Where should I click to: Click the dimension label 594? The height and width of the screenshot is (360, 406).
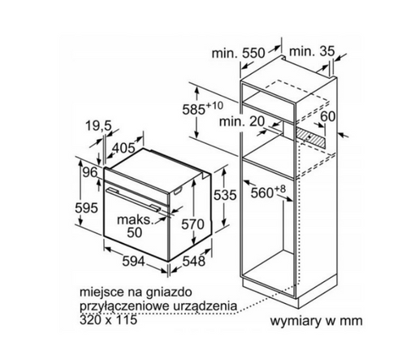134,262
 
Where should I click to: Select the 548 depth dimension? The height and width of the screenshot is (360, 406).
194,261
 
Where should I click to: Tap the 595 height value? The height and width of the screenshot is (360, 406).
86,208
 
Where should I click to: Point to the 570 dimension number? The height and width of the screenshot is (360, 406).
192,224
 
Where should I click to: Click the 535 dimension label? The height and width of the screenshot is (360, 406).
225,195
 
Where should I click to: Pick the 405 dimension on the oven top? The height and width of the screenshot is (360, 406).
123,148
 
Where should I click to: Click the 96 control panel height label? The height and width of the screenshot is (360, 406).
90,172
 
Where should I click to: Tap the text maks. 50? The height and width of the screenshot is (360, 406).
135,226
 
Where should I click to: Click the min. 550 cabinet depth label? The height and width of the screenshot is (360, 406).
238,53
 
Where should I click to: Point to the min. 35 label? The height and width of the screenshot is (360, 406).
312,51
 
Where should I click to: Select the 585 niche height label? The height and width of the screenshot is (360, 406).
203,108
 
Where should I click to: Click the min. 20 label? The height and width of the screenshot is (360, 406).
241,121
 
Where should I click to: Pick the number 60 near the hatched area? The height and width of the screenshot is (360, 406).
328,116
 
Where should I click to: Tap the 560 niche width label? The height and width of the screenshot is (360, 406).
268,192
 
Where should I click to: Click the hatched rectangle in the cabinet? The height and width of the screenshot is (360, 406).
311,137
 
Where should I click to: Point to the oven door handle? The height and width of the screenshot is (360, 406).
133,199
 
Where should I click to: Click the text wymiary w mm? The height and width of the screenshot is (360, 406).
316,321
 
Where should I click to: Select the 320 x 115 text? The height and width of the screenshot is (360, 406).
109,319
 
